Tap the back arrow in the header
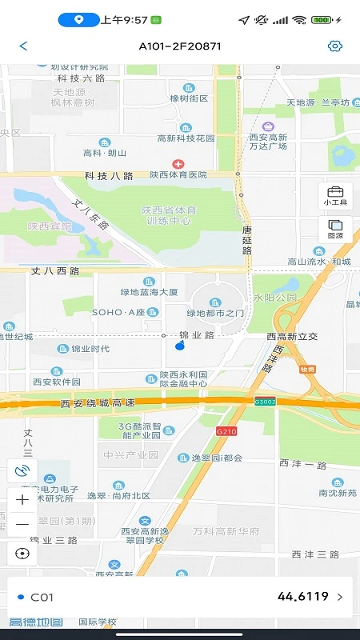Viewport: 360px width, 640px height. (x=23, y=46)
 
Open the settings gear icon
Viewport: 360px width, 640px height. (x=335, y=46)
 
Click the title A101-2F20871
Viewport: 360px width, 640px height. (x=179, y=46)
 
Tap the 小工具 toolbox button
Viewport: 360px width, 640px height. (x=335, y=195)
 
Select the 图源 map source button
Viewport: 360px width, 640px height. (x=335, y=229)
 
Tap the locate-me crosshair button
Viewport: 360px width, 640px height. (x=22, y=553)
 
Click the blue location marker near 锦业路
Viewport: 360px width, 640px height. (x=179, y=345)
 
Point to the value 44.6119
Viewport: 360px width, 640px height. (x=303, y=597)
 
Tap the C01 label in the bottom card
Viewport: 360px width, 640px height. (x=42, y=597)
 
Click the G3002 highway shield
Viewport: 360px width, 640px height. (x=265, y=401)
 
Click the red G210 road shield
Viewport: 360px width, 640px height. (x=226, y=431)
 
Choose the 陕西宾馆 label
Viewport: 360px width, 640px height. (x=50, y=226)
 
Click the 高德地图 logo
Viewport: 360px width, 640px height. (x=36, y=622)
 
